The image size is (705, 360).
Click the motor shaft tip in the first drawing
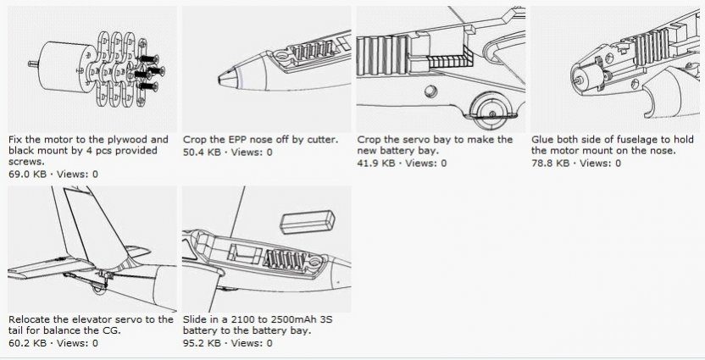tap(30, 64)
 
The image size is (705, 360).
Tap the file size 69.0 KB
tap(27, 174)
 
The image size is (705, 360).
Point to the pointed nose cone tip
tap(220, 80)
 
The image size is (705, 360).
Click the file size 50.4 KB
tap(202, 152)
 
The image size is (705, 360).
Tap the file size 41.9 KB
tap(376, 163)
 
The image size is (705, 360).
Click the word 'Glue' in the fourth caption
tap(542, 139)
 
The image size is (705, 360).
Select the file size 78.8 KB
tap(550, 163)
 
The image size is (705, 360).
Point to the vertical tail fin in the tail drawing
tap(95, 225)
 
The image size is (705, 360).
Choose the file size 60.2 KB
tap(27, 343)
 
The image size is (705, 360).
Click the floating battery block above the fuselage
tap(308, 223)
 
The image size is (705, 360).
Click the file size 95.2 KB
tap(202, 343)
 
